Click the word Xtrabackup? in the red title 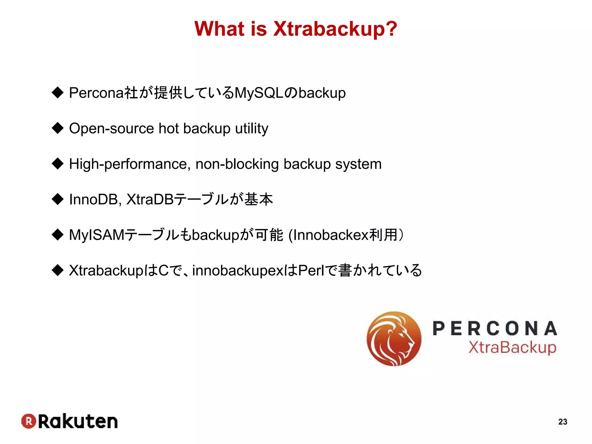click(x=335, y=29)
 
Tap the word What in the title click(x=219, y=29)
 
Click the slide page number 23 click(x=563, y=422)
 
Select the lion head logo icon click(x=394, y=339)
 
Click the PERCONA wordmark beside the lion click(x=495, y=329)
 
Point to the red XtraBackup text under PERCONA click(x=512, y=348)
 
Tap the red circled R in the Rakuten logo click(x=29, y=421)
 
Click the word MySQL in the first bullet click(x=259, y=93)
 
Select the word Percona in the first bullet click(x=96, y=93)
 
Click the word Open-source click(x=112, y=129)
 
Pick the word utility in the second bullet click(x=251, y=129)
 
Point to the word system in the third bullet click(x=358, y=164)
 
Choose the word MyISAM click(x=97, y=235)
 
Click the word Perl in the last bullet click(x=311, y=271)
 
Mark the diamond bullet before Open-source click(x=58, y=128)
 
